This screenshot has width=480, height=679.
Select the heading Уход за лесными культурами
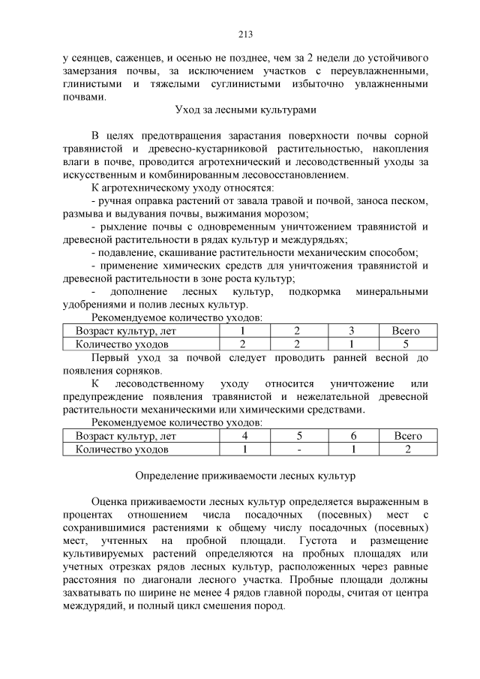(x=245, y=110)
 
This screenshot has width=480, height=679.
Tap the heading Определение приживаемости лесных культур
(x=245, y=476)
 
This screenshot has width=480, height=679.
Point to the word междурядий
(x=95, y=605)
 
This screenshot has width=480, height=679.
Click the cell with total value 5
(x=405, y=344)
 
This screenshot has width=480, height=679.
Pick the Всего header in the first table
(x=405, y=331)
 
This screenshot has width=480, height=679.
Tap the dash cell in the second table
(x=298, y=449)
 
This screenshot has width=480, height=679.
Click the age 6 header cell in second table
(x=352, y=436)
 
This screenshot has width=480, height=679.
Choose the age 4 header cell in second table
(x=244, y=436)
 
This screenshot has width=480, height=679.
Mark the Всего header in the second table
(x=407, y=436)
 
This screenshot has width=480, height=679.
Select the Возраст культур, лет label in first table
(x=125, y=331)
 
